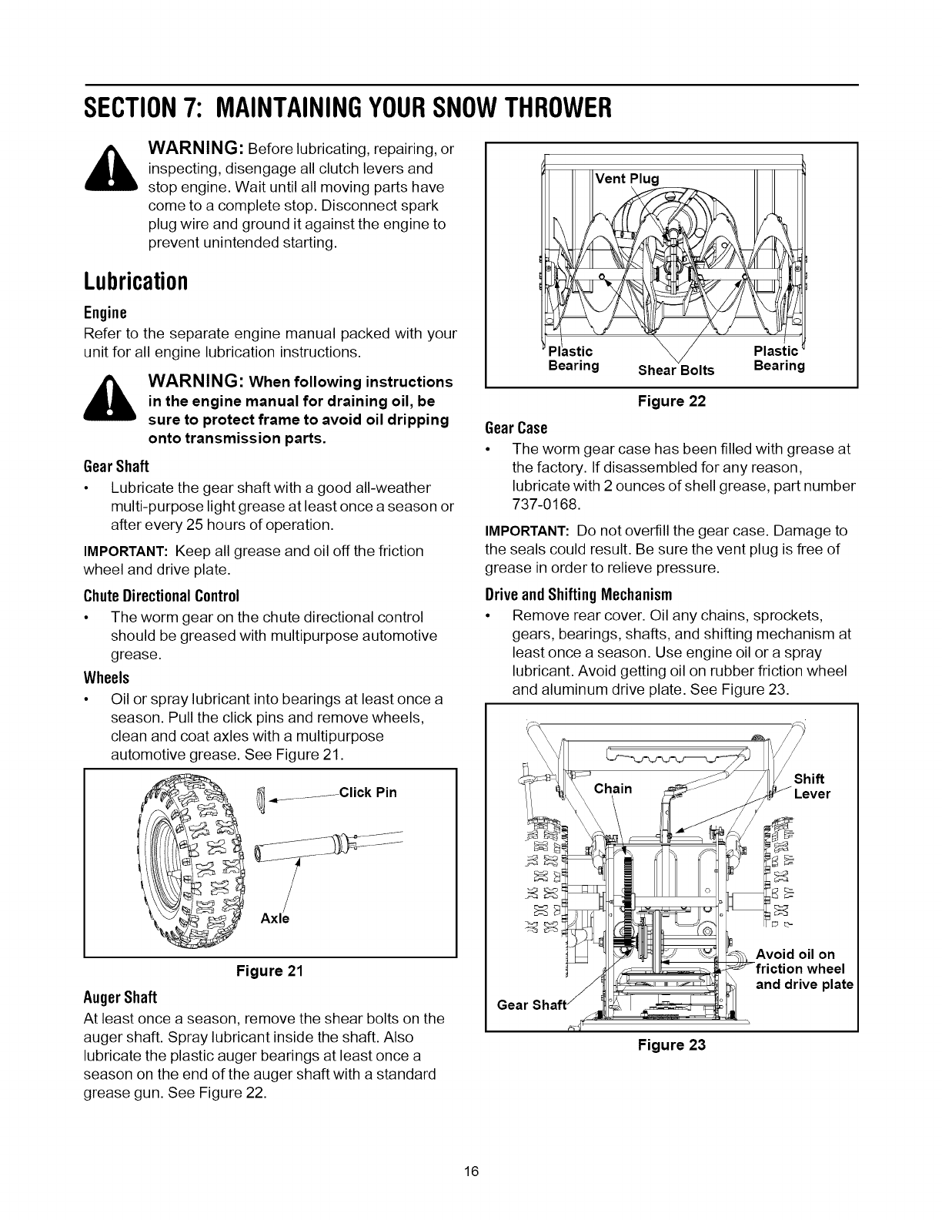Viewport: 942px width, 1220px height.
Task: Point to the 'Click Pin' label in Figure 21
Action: click(367, 792)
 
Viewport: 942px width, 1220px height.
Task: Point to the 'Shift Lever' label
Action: click(811, 786)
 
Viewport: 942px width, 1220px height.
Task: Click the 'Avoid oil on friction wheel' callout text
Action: click(804, 969)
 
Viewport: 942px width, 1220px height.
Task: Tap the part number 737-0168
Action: click(543, 503)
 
